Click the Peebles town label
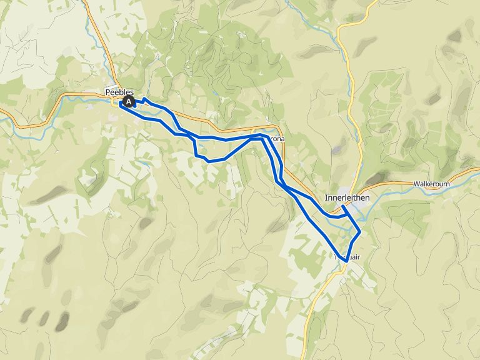(119, 92)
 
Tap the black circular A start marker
(129, 101)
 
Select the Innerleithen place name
(347, 197)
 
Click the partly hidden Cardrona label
(277, 139)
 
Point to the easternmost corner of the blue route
(361, 231)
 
